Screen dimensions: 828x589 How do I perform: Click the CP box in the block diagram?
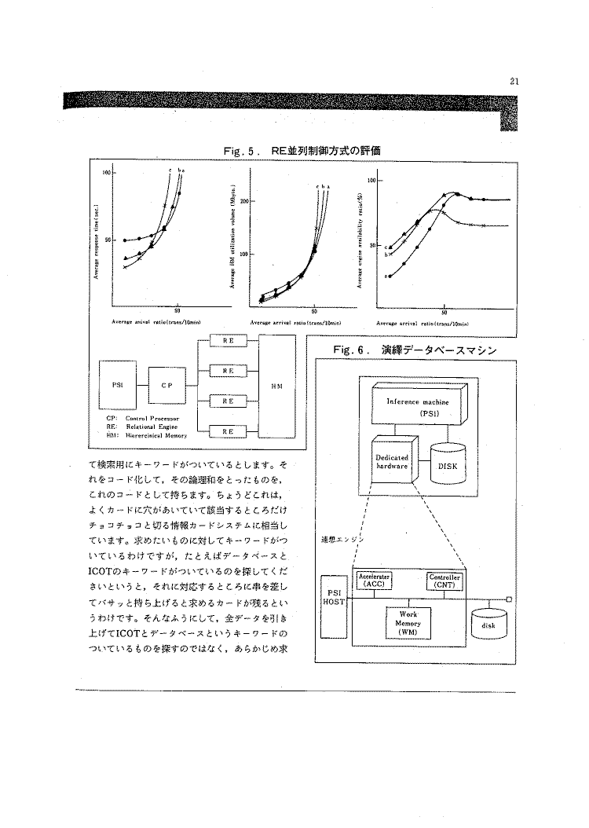click(166, 386)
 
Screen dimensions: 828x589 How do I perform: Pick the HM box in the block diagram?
click(277, 385)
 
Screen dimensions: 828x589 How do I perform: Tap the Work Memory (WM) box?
click(408, 623)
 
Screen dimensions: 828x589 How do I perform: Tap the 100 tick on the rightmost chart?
click(371, 181)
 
